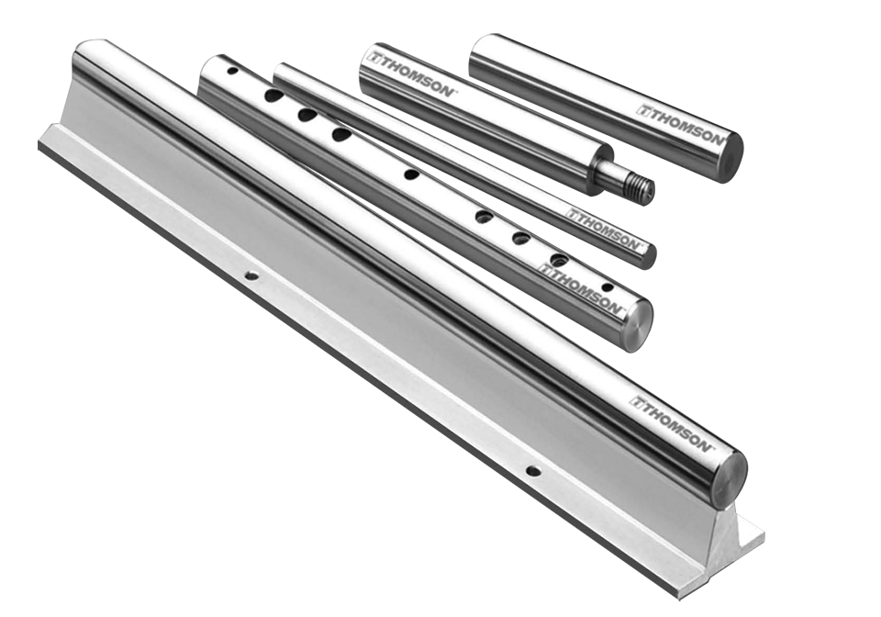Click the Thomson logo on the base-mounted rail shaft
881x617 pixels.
[x=672, y=422]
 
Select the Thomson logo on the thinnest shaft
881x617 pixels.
[x=603, y=230]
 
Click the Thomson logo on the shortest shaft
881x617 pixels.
[x=682, y=125]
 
